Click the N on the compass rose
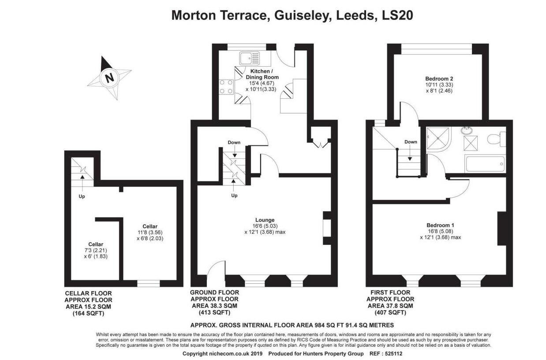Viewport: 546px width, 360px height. coord(109,78)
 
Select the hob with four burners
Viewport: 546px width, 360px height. coord(226,87)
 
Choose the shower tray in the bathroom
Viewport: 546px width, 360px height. coord(438,138)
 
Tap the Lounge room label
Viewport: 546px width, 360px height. coord(265,220)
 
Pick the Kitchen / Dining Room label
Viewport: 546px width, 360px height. coord(262,74)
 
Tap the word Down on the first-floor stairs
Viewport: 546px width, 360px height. coord(411,142)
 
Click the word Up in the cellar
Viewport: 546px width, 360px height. coord(82,196)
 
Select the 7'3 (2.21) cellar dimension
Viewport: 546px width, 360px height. coord(96,250)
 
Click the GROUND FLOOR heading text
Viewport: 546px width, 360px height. coord(214,292)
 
